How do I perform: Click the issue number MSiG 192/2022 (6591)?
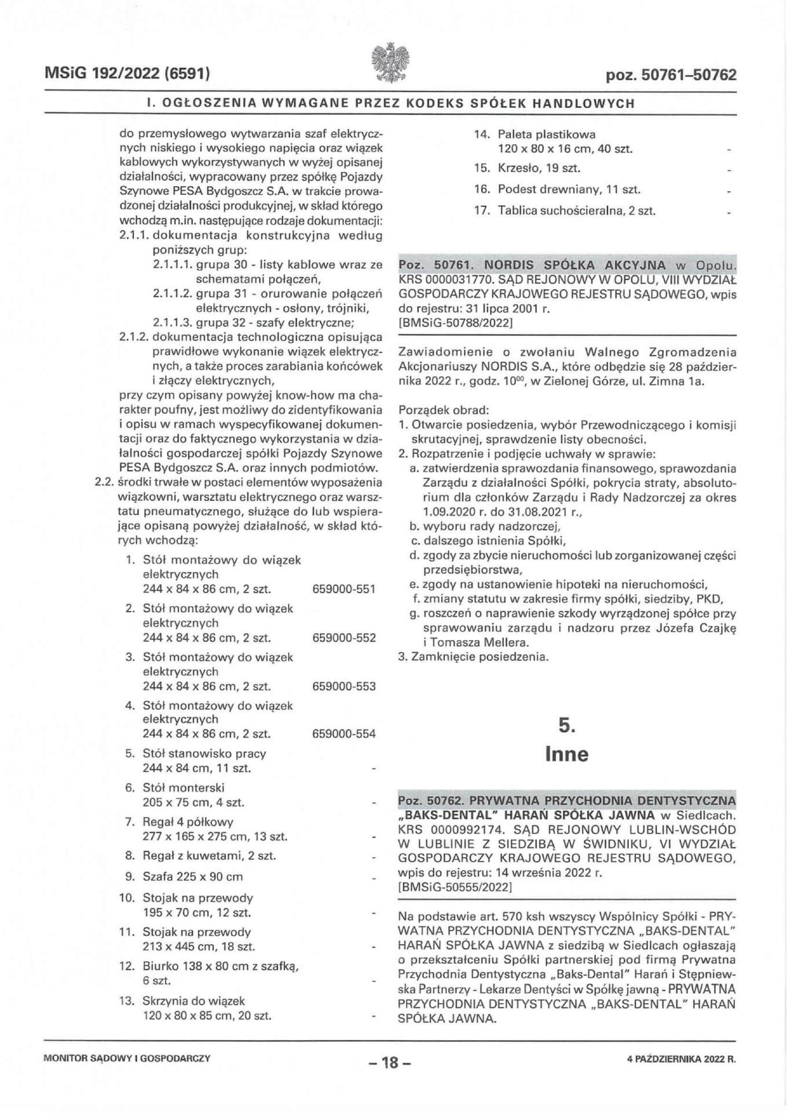click(x=127, y=74)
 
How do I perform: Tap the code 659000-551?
click(x=343, y=589)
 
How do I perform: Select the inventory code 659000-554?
click(x=343, y=734)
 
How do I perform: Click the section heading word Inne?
click(x=566, y=754)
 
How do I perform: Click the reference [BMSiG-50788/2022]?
click(x=456, y=323)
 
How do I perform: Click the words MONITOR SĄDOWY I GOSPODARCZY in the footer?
click(x=127, y=1059)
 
